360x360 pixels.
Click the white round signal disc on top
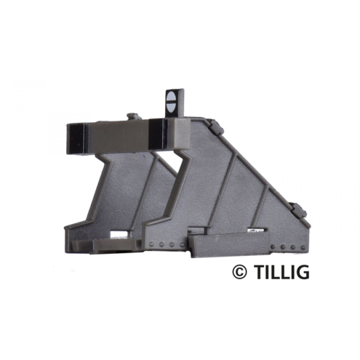[x=172, y=101]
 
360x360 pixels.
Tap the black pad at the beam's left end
[x=78, y=139]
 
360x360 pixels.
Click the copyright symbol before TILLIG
[x=239, y=272]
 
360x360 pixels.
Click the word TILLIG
[x=280, y=272]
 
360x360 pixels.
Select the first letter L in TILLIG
[x=272, y=272]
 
